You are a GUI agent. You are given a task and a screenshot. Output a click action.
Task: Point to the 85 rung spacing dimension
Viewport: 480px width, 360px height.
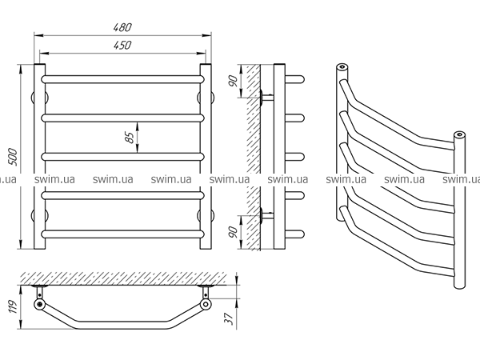(129, 136)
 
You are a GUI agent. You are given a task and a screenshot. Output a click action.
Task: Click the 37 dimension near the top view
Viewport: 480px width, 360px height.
(230, 319)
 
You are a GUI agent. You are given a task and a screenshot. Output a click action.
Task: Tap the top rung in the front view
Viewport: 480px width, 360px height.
(123, 79)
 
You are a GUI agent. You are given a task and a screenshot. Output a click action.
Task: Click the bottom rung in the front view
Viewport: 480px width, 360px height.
(123, 234)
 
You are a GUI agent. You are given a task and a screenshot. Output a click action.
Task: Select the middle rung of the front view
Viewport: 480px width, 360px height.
(123, 156)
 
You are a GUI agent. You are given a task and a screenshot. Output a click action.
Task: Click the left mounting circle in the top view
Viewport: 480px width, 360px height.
(38, 304)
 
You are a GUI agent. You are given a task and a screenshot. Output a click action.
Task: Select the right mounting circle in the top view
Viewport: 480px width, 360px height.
(207, 304)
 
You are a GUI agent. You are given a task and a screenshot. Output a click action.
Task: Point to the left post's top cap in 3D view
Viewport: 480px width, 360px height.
(342, 66)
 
